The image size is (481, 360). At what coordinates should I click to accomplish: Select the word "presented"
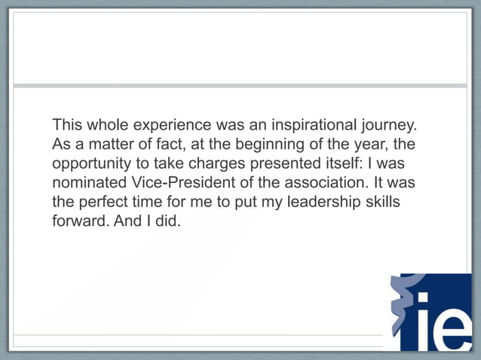point(293,163)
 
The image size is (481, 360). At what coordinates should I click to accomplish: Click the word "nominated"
point(85,183)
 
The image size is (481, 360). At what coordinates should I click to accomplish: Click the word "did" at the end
point(167,224)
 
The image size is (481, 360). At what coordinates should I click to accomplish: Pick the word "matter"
point(112,143)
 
